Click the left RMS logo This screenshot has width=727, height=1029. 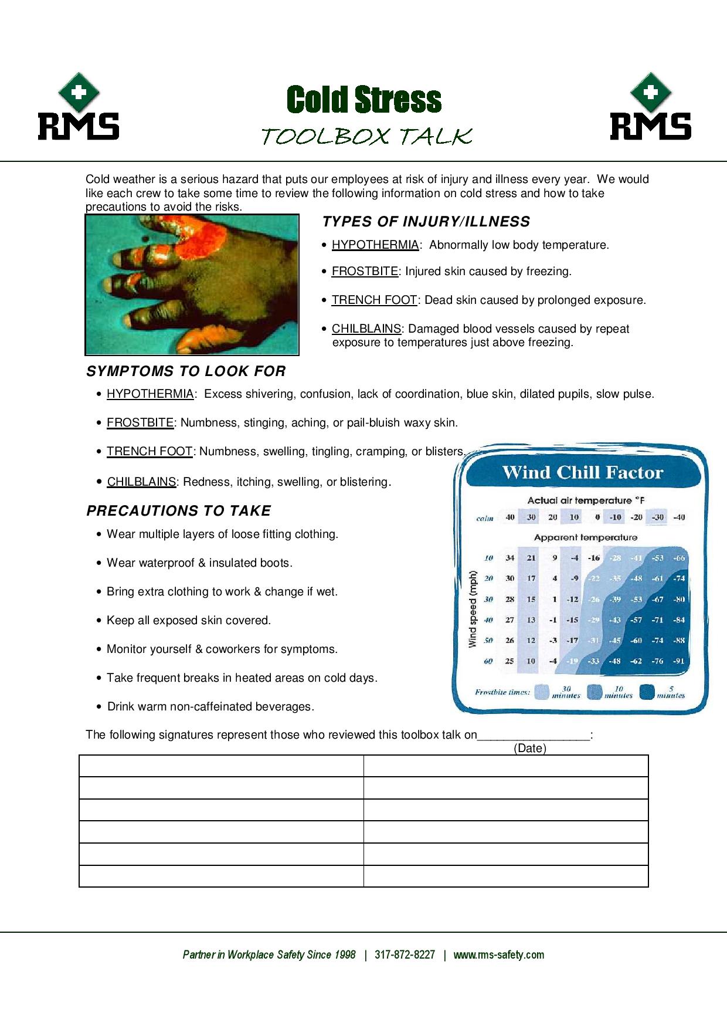(79, 107)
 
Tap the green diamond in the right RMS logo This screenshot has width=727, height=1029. (651, 92)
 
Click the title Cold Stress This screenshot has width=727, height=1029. (363, 100)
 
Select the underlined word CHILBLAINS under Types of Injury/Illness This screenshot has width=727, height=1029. (366, 329)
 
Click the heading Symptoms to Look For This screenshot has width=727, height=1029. (186, 371)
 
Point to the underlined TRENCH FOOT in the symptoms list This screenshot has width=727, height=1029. (150, 451)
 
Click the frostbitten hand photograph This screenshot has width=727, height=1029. (192, 285)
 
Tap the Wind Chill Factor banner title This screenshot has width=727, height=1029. (583, 473)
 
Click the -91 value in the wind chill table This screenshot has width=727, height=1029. (678, 661)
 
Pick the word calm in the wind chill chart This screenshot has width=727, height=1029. (485, 519)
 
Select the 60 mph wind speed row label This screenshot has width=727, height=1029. (488, 661)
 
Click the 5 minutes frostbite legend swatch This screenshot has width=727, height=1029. (647, 692)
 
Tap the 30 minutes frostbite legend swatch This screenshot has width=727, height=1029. (542, 692)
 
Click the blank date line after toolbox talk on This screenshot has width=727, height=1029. (534, 736)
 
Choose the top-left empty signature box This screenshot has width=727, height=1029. (221, 766)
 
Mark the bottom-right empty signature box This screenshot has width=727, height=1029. (506, 876)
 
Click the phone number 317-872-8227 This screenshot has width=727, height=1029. (405, 954)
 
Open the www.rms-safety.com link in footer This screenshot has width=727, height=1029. (498, 954)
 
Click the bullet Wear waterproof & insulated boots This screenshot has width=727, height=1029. (199, 563)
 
